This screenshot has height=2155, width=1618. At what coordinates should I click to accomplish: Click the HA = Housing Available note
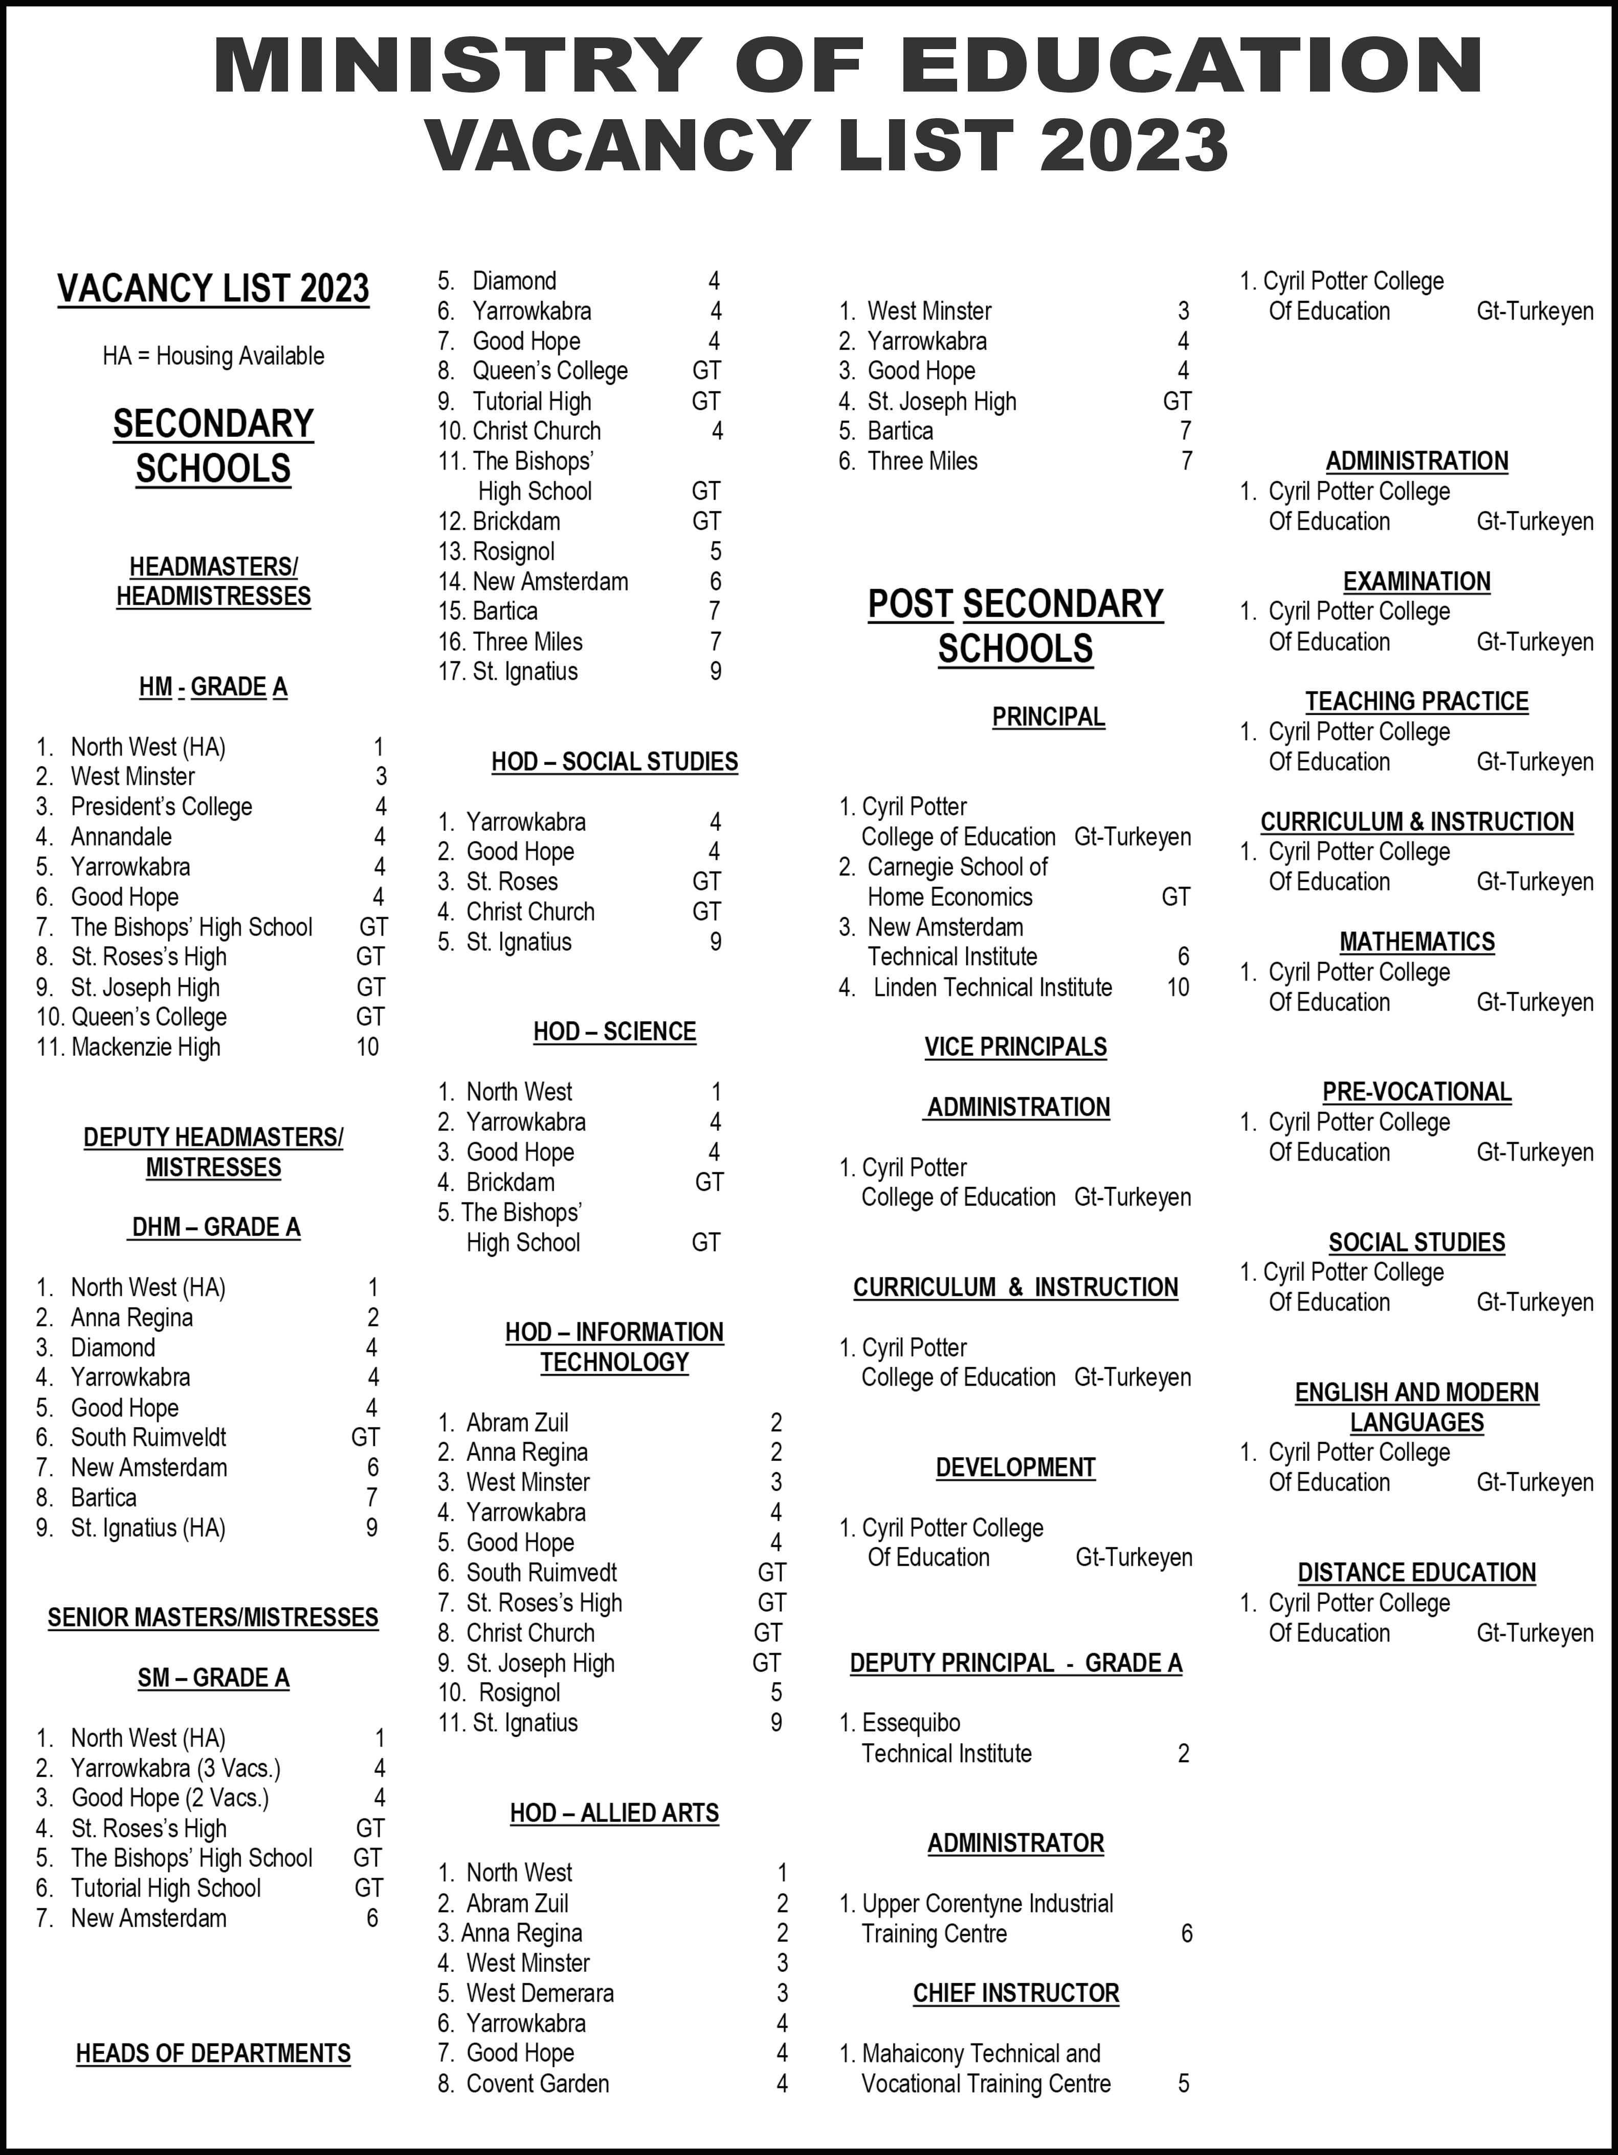tap(213, 357)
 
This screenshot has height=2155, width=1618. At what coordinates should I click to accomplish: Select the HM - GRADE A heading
tap(213, 688)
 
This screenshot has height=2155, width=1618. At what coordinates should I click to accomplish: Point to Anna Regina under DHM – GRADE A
tap(131, 1318)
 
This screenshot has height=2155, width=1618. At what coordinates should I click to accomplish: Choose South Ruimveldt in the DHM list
tap(148, 1438)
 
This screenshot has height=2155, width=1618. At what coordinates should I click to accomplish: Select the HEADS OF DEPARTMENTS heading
tap(213, 2054)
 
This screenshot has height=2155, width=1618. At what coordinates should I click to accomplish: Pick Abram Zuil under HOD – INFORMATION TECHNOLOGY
tap(517, 1424)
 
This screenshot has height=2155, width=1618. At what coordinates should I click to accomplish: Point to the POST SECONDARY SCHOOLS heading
tap(1015, 627)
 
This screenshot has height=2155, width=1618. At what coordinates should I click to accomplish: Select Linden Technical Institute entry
tap(992, 988)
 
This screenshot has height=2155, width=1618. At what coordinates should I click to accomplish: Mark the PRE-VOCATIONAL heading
tap(1416, 1092)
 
